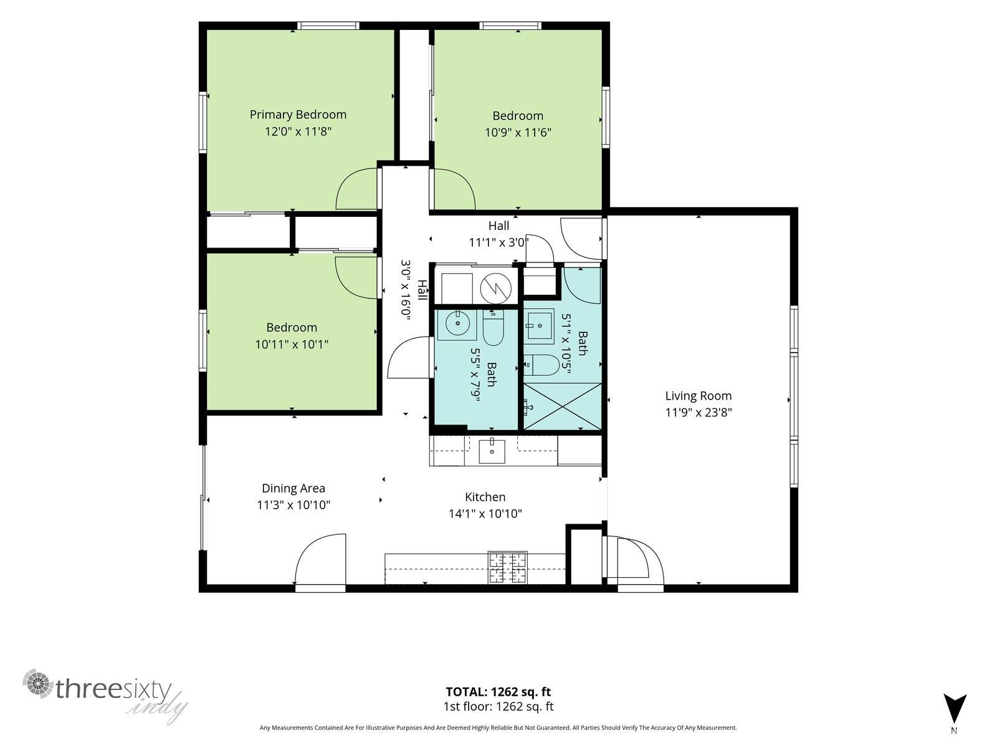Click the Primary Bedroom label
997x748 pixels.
coord(298,115)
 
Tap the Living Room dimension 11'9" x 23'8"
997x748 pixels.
coord(699,413)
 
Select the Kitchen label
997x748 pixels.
coord(485,497)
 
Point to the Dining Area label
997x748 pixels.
coord(293,488)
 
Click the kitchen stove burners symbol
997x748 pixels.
coord(508,567)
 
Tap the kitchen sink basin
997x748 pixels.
coord(492,451)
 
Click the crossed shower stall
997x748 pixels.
coord(563,406)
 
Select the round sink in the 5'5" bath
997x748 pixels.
coord(457,324)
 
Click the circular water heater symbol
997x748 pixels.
coord(496,289)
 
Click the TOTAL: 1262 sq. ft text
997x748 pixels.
coord(499,692)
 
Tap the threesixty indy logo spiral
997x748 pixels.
coord(38,684)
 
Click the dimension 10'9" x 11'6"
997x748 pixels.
coord(518,133)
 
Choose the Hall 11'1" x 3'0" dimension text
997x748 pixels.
coord(499,242)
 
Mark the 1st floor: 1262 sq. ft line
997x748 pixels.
coord(499,707)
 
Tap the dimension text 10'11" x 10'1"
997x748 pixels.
coord(292,344)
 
